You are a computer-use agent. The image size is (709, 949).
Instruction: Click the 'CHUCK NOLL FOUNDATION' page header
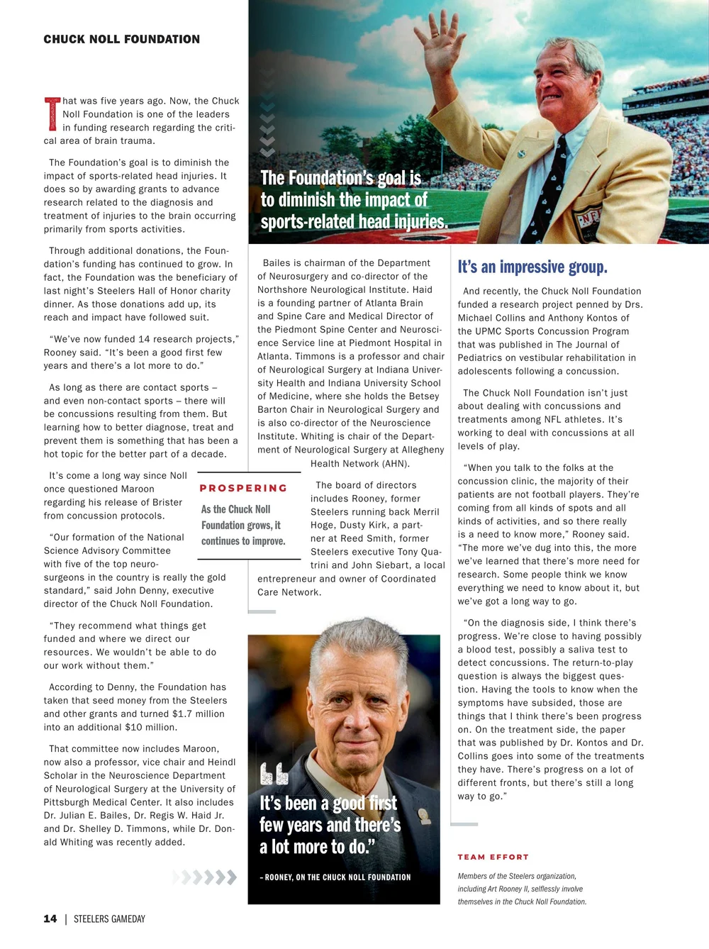121,39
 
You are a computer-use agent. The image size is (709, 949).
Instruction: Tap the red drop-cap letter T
52,114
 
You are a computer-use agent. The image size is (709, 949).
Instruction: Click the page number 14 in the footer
50,919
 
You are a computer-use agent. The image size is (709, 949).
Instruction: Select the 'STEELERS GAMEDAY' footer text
109,919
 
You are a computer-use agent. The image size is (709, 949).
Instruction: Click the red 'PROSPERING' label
243,488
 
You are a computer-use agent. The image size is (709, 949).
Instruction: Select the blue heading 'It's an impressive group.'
532,267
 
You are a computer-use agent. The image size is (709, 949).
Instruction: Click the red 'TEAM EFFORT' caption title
493,857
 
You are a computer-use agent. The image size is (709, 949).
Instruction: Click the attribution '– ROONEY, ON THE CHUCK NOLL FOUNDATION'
335,877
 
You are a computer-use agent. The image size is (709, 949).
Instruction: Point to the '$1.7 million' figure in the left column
196,714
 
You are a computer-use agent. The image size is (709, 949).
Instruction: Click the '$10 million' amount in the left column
151,727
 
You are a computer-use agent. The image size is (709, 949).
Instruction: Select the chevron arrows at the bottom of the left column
205,877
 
